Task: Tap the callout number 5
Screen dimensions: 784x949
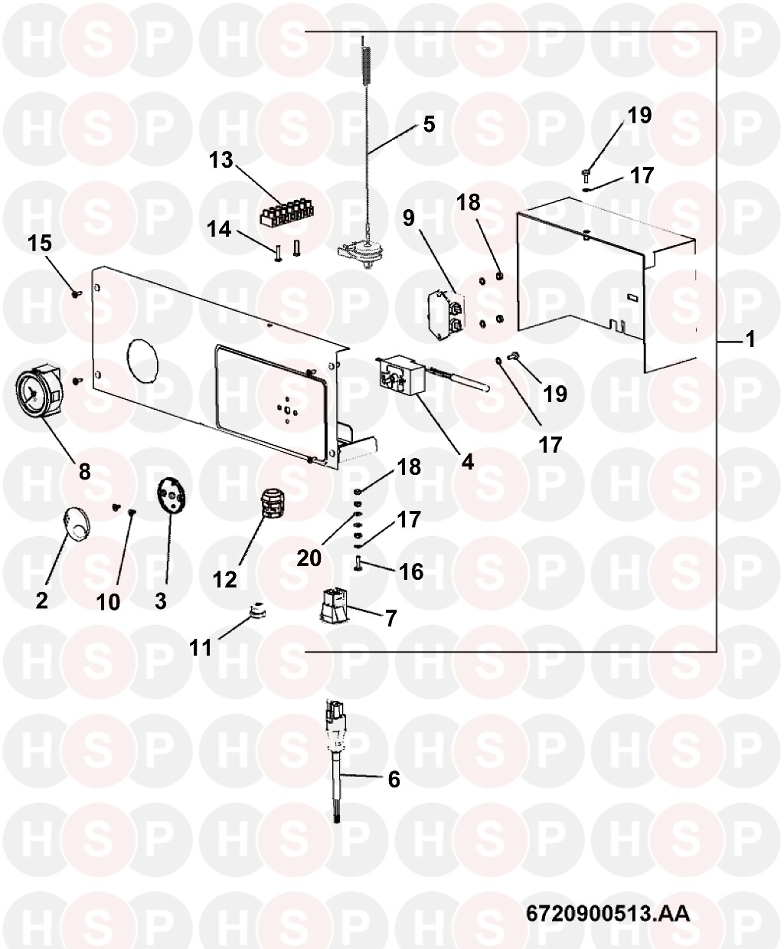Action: click(428, 124)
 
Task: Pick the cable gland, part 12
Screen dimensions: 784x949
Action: click(272, 503)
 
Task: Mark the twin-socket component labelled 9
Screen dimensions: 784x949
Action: click(447, 315)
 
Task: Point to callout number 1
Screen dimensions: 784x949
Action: click(750, 339)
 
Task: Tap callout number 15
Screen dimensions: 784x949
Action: click(40, 243)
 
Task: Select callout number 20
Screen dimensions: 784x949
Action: click(309, 558)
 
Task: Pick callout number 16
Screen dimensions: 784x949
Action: click(411, 571)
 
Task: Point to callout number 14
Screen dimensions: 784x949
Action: click(219, 229)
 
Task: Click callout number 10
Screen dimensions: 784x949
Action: click(108, 602)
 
